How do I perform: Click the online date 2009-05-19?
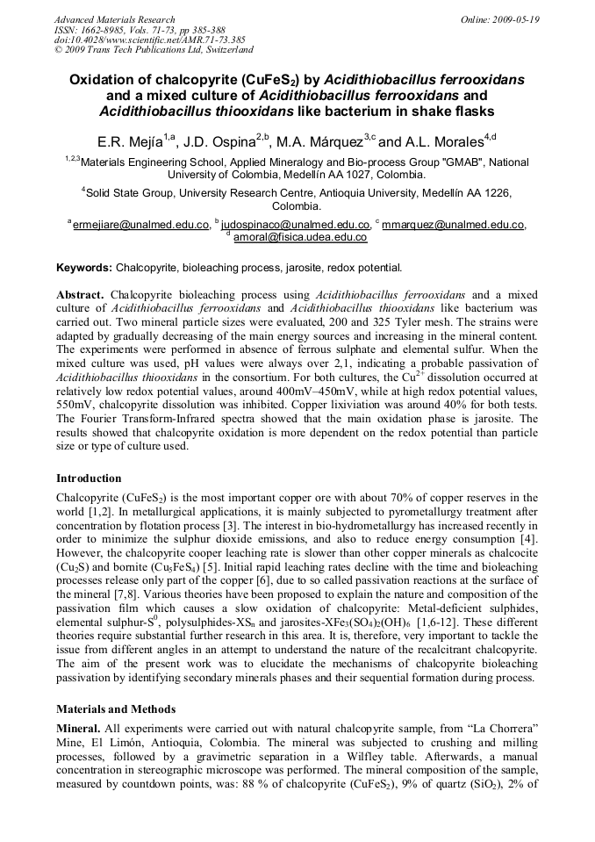[x=518, y=18]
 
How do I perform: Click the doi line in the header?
[x=149, y=40]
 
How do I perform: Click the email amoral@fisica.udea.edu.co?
[x=299, y=237]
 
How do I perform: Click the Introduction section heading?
[x=89, y=479]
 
